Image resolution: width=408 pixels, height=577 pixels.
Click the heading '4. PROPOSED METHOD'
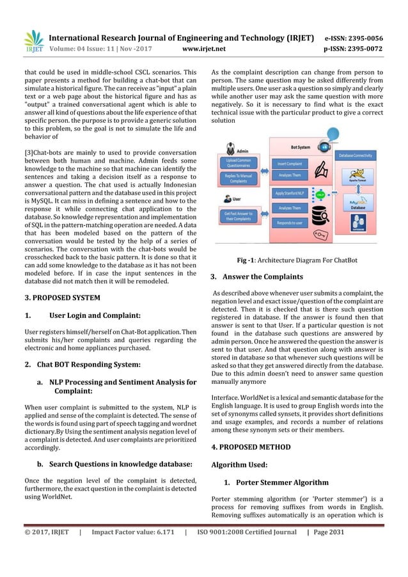pyautogui.click(x=250, y=447)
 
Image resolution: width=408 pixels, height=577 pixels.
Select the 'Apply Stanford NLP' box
pyautogui.click(x=289, y=193)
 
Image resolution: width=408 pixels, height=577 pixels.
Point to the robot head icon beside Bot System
pyautogui.click(x=325, y=146)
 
